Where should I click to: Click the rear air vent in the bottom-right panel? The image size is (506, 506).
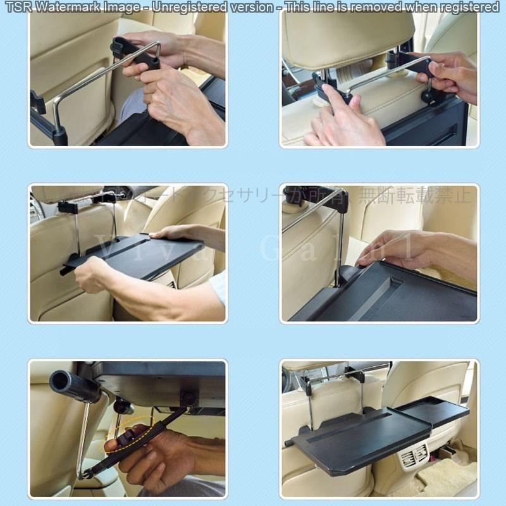413,454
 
